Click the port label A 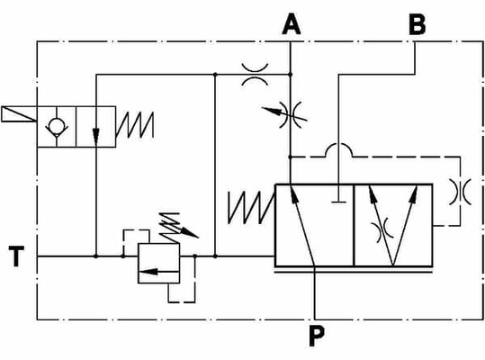(291, 24)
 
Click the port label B (417, 24)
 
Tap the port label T (16, 256)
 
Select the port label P (317, 336)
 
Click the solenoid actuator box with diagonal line (19, 113)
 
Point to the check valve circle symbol (57, 126)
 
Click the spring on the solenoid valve (135, 124)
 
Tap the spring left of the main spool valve (251, 207)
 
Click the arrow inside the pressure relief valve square (159, 272)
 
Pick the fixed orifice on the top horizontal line (255, 74)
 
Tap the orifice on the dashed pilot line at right (460, 192)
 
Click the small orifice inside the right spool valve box (383, 230)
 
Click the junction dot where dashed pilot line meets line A (290, 157)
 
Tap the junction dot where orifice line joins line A (290, 75)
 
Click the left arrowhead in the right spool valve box (373, 194)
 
